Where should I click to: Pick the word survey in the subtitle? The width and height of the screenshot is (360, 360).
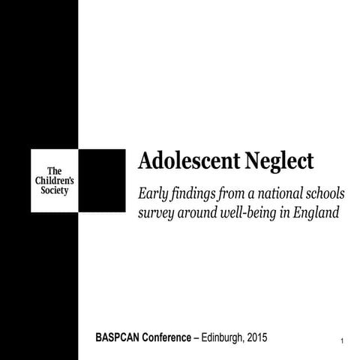157,212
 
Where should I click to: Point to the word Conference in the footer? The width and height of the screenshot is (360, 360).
178,340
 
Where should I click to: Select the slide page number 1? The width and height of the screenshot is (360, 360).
341,343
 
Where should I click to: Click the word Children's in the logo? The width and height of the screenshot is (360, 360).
54,181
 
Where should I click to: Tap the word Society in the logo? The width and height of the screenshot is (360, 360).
54,190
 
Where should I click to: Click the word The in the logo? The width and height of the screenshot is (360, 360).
54,171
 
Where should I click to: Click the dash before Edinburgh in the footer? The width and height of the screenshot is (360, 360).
209,340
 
